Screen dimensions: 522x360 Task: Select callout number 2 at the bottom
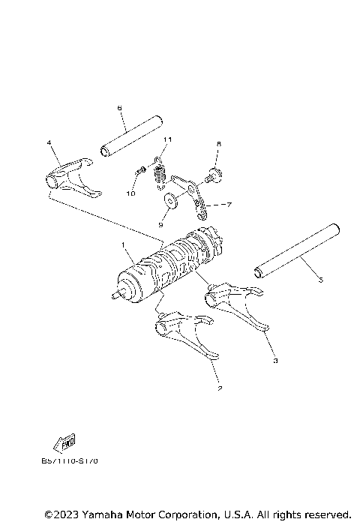tap(219, 388)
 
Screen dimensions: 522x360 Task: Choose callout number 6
tap(119, 109)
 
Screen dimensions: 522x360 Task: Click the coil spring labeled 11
tap(159, 175)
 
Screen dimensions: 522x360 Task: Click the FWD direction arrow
tap(65, 442)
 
